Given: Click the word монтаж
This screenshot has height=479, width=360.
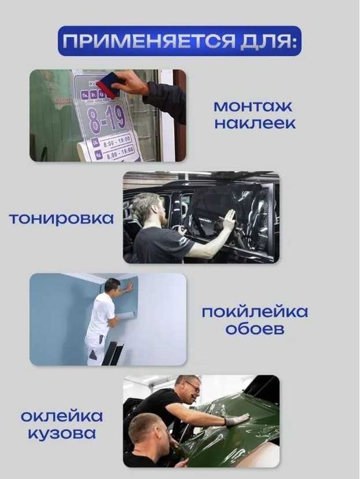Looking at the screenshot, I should coord(252,106).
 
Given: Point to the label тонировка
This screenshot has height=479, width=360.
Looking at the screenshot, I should coord(61,219).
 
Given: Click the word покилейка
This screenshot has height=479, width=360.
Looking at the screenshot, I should coord(254,312).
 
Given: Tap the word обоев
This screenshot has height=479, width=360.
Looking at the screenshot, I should coord(254,330).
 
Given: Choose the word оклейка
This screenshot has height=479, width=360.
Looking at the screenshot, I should coord(62,417).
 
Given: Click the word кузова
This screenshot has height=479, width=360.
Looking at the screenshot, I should coord(62,434).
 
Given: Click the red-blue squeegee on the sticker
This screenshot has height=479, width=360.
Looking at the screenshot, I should coord(108,86).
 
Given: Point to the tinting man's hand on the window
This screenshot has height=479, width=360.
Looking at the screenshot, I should coord(228,220).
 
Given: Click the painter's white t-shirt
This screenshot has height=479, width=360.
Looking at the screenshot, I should coord(100,315).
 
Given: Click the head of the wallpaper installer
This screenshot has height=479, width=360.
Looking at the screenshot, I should coord(112,285).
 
